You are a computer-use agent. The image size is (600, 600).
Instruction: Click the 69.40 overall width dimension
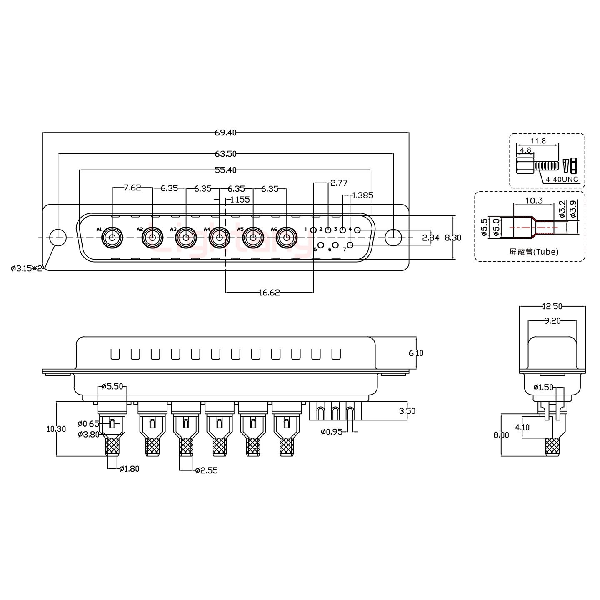(225, 132)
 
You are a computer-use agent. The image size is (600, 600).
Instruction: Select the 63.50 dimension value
(225, 154)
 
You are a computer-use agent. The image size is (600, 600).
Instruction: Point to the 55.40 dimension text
(225, 170)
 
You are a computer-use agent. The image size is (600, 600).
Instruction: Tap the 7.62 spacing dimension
(132, 188)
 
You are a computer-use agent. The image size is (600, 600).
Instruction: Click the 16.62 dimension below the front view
(269, 292)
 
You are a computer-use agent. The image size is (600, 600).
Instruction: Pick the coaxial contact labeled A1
(112, 238)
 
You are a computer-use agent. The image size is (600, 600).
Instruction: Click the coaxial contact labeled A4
(219, 238)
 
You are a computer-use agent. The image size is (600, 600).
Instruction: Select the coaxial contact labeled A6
(286, 238)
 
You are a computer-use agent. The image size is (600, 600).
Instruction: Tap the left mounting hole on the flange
(58, 237)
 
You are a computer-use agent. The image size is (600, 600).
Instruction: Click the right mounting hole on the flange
(393, 237)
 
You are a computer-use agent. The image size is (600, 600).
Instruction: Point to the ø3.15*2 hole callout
(27, 268)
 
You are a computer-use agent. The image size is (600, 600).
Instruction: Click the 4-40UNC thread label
(562, 179)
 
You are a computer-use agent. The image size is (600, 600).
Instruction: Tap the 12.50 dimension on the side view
(552, 306)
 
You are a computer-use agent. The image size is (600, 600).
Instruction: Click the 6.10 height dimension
(416, 353)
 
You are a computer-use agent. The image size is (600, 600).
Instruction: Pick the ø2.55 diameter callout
(206, 470)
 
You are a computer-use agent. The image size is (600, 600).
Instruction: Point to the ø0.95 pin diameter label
(332, 432)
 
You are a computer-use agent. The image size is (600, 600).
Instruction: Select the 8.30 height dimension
(453, 237)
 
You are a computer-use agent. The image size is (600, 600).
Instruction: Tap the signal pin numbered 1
(313, 230)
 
